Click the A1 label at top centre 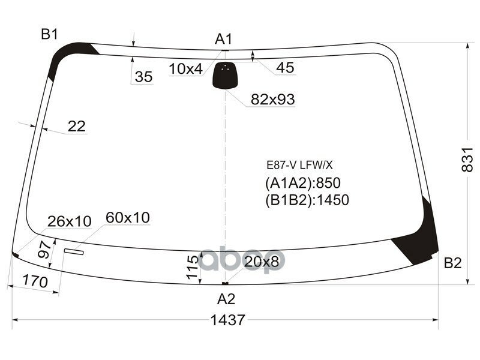224,40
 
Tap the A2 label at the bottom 226,298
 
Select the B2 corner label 452,263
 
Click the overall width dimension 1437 228,320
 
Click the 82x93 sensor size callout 272,100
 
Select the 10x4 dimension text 185,69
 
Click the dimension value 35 143,77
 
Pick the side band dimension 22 76,126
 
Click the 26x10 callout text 70,221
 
